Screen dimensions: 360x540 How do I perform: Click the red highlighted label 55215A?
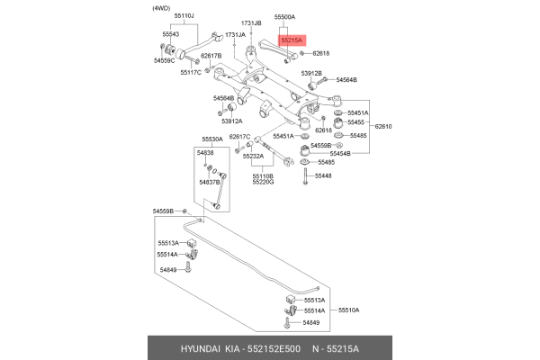tap(292, 40)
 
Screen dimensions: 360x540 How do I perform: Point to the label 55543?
tap(171, 34)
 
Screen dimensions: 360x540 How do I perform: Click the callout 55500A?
tap(285, 17)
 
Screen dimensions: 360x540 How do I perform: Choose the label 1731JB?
tap(252, 22)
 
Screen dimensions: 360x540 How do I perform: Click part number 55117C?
tap(190, 72)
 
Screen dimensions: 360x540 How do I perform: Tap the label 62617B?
tap(211, 56)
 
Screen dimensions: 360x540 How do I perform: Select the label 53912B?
tap(311, 73)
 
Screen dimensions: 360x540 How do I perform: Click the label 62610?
tap(384, 127)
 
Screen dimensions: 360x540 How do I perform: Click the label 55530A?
tap(212, 139)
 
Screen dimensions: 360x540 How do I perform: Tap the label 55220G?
tap(263, 182)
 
